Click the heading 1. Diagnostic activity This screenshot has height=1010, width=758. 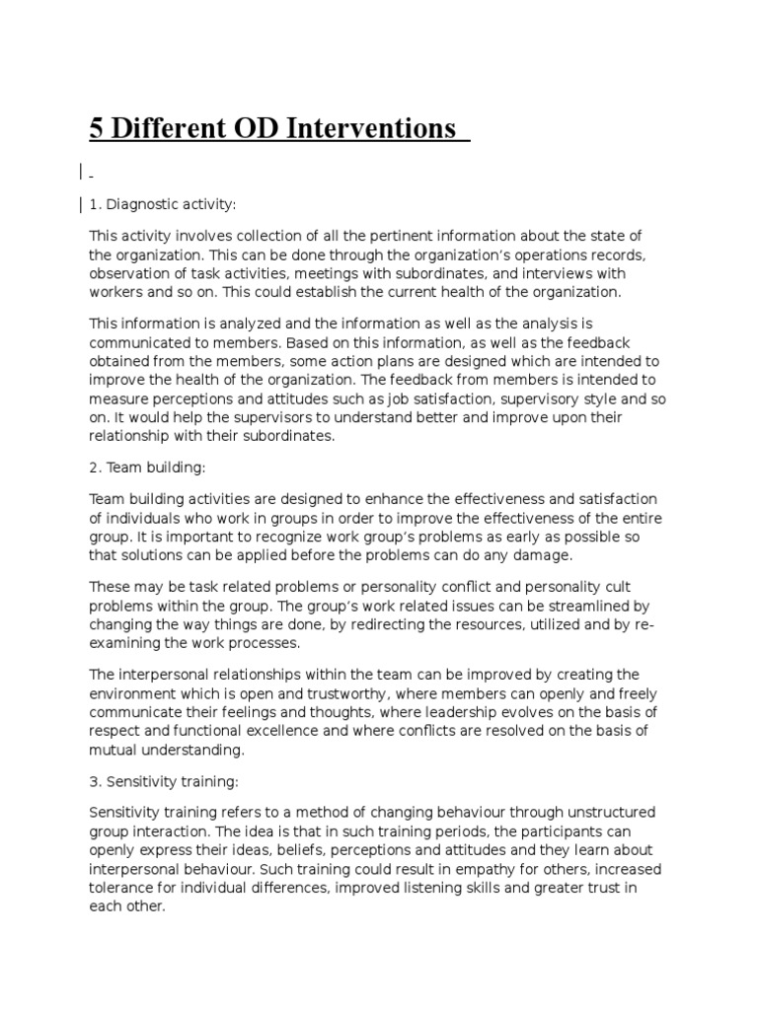163,204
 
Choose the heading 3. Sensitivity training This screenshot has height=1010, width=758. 164,781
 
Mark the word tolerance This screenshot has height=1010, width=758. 122,888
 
